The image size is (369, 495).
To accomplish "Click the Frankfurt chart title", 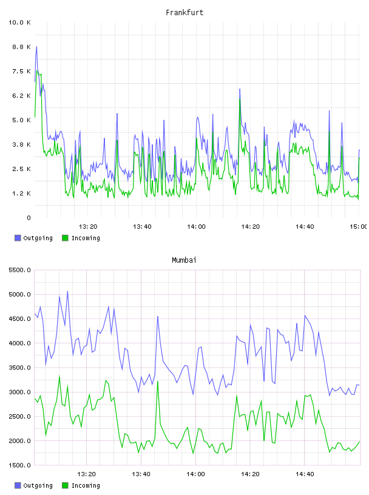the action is point(184,13).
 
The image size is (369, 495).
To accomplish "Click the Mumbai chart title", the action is point(184,260).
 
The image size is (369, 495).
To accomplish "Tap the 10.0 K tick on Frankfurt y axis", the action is point(19,22).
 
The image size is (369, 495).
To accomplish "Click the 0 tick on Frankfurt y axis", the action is point(29,218).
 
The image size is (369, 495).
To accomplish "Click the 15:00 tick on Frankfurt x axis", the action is point(358,227).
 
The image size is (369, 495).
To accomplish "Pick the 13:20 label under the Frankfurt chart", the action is point(88,227).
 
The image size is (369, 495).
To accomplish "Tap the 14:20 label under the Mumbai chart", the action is point(250,474).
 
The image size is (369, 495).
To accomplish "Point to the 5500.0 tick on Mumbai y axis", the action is point(19,270).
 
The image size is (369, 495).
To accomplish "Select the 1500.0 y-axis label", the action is point(19,465).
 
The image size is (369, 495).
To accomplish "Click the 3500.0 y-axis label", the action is point(19,368).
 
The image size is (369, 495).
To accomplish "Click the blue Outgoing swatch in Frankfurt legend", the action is point(18,238).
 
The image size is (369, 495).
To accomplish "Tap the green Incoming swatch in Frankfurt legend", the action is point(65,238).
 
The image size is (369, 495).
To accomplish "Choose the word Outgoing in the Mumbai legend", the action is point(38,485).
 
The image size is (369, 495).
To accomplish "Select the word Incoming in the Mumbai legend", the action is point(86,485).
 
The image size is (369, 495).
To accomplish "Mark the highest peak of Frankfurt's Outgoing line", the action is point(36,47).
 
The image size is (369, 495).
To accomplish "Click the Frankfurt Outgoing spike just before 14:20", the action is point(240,89).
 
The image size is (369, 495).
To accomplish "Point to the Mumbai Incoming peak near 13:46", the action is point(158,382).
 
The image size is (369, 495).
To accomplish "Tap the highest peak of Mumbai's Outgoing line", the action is point(67,291).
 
